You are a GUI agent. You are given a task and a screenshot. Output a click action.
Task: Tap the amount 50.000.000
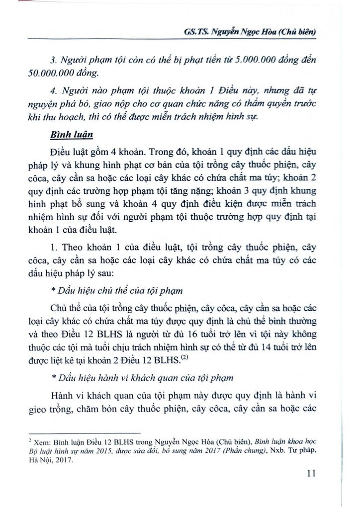tap(52, 73)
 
